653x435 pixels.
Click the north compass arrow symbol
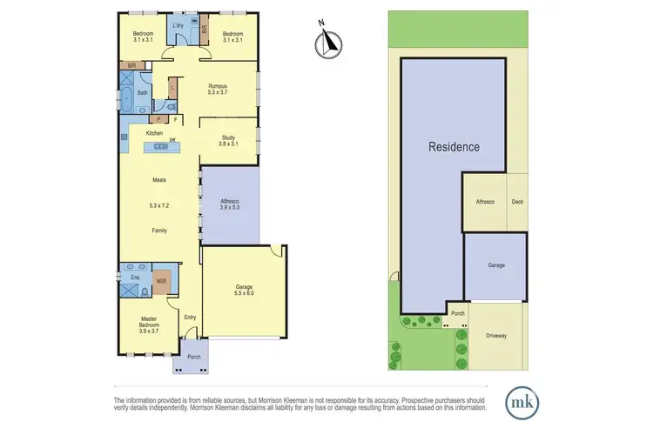click(328, 38)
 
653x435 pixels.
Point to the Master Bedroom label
click(148, 325)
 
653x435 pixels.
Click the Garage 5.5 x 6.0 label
click(241, 291)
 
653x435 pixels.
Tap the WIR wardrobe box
click(161, 281)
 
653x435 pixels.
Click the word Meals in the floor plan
click(159, 180)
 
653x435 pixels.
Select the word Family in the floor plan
click(159, 231)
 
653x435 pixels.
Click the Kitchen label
click(154, 133)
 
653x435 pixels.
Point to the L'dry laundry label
click(179, 26)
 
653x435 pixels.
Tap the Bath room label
click(140, 92)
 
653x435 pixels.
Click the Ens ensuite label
click(135, 278)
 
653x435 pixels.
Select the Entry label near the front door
click(191, 318)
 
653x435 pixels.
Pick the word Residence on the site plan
click(453, 147)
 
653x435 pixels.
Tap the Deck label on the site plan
click(518, 201)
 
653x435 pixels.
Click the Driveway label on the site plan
click(496, 335)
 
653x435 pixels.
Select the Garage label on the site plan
click(495, 264)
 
